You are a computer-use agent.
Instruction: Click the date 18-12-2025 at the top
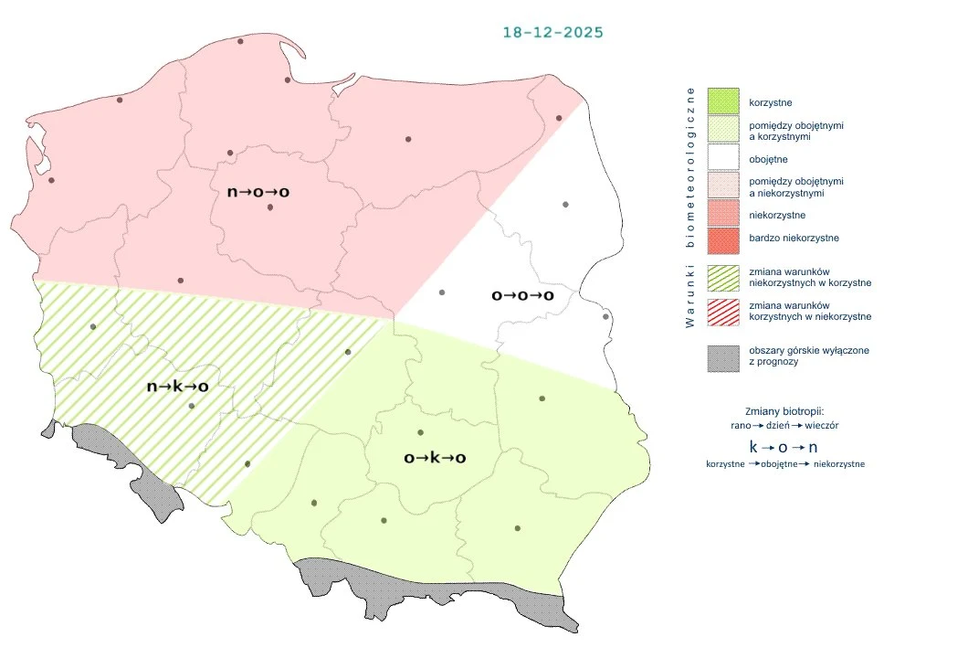tap(552, 32)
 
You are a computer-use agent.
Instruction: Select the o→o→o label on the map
tap(522, 296)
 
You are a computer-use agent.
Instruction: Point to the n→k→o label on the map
tap(178, 387)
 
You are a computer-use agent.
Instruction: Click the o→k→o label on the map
tap(435, 458)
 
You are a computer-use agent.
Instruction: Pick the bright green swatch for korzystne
tap(722, 101)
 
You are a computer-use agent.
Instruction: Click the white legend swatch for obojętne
tap(722, 159)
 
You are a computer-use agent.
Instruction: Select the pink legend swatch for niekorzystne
tap(722, 215)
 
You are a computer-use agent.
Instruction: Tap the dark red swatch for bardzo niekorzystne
tap(722, 239)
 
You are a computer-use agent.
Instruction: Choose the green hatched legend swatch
tap(722, 277)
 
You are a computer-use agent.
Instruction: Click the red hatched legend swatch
tap(722, 311)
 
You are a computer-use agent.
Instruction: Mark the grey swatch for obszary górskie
tap(722, 357)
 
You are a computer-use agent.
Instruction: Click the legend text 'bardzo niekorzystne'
tap(793, 238)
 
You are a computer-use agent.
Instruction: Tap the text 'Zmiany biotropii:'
tap(784, 410)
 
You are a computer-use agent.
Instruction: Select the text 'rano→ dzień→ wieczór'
tap(784, 426)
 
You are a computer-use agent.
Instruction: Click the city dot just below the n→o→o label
tap(270, 207)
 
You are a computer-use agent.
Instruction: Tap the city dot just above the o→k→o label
tap(421, 432)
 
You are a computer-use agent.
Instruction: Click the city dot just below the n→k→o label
tap(192, 406)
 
